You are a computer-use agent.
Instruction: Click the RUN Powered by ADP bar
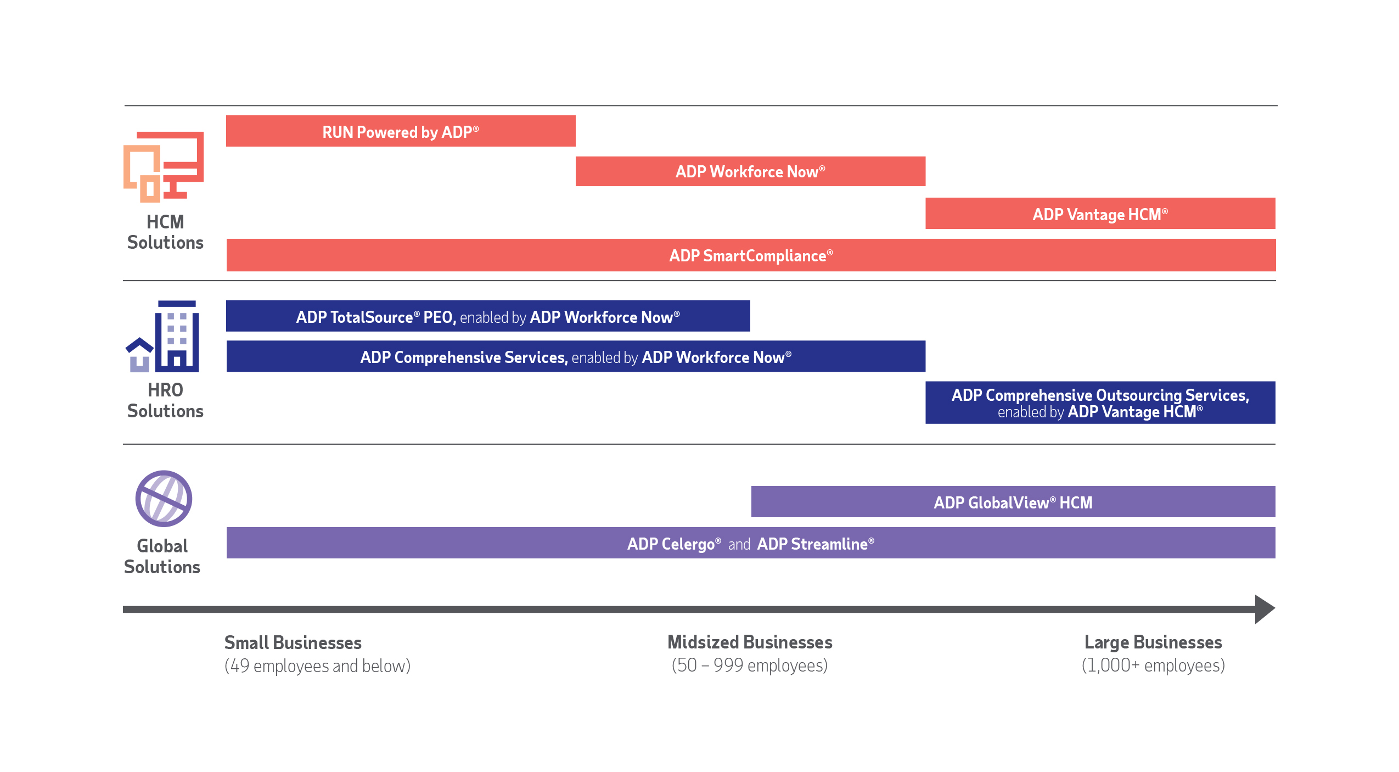pos(401,131)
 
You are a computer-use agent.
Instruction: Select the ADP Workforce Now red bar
pos(750,172)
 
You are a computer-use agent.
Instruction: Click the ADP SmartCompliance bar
pos(750,255)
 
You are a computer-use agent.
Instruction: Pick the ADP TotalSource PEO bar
pos(487,316)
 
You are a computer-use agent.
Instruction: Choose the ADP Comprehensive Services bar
pos(575,357)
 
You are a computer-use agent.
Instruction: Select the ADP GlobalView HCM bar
pos(1013,502)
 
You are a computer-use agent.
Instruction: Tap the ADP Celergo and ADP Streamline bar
pos(750,544)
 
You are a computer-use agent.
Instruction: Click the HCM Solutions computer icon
pos(164,167)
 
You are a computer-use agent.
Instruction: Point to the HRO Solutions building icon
pos(164,337)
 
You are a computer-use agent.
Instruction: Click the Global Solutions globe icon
pos(164,499)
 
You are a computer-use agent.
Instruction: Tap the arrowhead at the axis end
pos(1264,609)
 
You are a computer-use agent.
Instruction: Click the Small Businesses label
pos(293,642)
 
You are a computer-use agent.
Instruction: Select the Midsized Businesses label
pos(750,642)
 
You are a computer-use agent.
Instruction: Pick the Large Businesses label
pos(1153,642)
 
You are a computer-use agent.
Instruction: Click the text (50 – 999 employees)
pos(750,665)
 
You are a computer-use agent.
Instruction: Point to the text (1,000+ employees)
pos(1153,665)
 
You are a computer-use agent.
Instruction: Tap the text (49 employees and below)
pos(317,666)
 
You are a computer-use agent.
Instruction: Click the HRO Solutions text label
pos(165,400)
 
